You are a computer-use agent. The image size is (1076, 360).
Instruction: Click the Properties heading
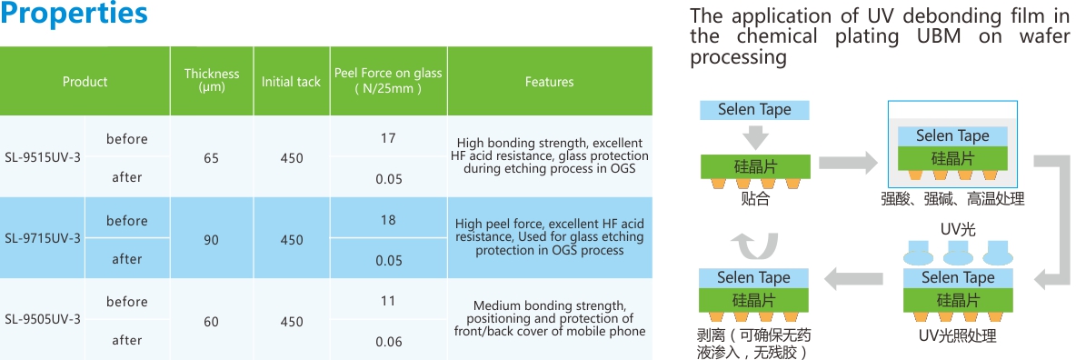(74, 14)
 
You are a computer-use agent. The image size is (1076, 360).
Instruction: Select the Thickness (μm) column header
(212, 80)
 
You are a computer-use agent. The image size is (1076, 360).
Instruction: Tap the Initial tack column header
(291, 82)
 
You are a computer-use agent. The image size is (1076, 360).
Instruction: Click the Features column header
(549, 82)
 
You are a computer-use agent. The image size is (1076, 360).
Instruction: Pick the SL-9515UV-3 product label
(43, 157)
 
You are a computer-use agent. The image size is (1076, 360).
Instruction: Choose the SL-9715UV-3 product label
(43, 238)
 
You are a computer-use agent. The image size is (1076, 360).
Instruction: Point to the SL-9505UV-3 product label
(43, 319)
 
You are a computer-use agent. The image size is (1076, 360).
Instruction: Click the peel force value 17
(388, 138)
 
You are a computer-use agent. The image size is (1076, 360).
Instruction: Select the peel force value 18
(388, 219)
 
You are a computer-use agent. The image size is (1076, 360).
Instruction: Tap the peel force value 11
(388, 301)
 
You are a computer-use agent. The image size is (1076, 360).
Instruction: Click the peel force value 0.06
(388, 342)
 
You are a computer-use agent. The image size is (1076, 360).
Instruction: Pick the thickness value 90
(212, 240)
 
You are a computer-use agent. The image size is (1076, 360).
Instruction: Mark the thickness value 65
(212, 158)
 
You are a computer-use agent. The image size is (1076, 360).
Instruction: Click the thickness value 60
(212, 321)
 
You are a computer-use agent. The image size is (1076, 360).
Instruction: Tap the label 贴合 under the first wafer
(755, 199)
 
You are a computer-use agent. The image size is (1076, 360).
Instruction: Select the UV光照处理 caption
(957, 336)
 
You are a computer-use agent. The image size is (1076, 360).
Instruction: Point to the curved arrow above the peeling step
(753, 245)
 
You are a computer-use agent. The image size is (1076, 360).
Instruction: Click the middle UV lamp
(958, 253)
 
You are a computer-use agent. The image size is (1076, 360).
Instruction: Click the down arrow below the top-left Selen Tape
(755, 135)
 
